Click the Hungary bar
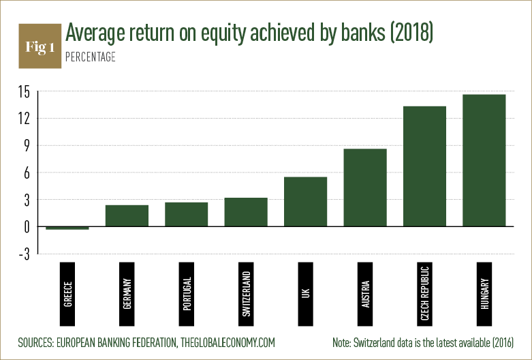click(x=484, y=160)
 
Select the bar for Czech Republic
click(x=424, y=166)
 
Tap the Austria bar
click(x=365, y=187)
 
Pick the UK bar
click(x=305, y=202)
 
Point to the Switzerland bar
click(x=246, y=212)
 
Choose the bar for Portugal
click(x=186, y=214)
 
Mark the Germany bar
click(x=127, y=215)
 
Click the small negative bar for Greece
click(x=67, y=228)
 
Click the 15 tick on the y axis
click(x=25, y=92)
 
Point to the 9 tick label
click(x=27, y=146)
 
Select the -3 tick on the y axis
click(x=25, y=254)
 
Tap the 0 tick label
click(x=27, y=227)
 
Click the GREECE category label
click(x=68, y=294)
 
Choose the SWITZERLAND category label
click(x=247, y=294)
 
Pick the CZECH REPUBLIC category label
click(x=425, y=294)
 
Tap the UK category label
click(x=306, y=294)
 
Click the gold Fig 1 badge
click(x=40, y=46)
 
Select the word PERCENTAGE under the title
click(x=91, y=57)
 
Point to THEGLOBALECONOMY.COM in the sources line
click(x=228, y=342)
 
